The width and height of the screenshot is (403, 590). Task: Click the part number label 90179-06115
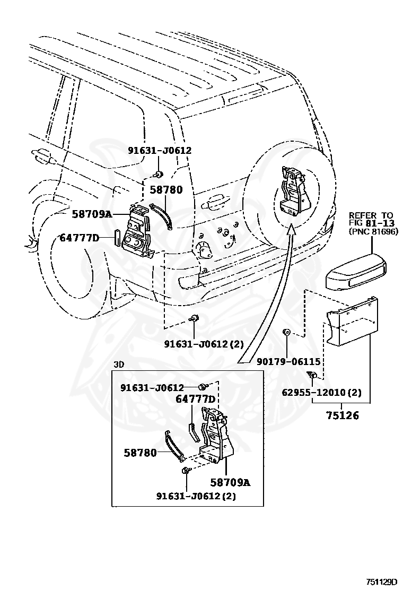(288, 362)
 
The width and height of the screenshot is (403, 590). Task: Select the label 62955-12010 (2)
(322, 393)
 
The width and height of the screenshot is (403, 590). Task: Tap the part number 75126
(342, 415)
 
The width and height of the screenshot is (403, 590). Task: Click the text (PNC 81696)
(373, 231)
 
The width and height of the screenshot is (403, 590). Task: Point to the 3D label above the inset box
(119, 365)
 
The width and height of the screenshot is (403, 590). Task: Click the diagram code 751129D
(382, 582)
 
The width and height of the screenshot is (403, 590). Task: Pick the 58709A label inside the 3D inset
(230, 482)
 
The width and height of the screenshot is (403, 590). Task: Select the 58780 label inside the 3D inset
(140, 453)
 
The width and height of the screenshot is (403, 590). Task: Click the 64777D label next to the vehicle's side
(80, 238)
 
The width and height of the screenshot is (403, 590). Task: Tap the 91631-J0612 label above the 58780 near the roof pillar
(160, 151)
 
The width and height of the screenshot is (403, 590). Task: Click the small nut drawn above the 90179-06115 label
(286, 332)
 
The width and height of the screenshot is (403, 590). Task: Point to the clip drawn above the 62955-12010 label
(312, 375)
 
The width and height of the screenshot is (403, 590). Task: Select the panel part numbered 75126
(352, 320)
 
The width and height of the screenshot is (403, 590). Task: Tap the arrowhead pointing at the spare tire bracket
(292, 228)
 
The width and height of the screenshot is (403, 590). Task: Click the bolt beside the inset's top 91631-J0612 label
(203, 386)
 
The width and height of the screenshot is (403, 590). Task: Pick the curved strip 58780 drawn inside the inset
(175, 446)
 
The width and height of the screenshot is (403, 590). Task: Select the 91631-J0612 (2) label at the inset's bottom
(196, 496)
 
